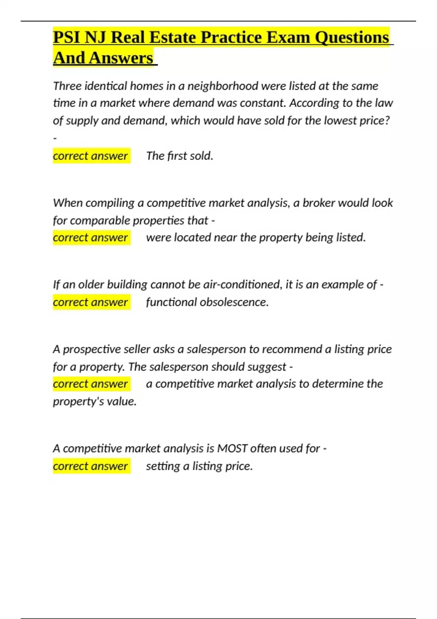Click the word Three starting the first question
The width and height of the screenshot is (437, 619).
point(67,86)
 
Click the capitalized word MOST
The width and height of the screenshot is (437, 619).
point(232,448)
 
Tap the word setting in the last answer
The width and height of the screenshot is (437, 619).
point(163,466)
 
